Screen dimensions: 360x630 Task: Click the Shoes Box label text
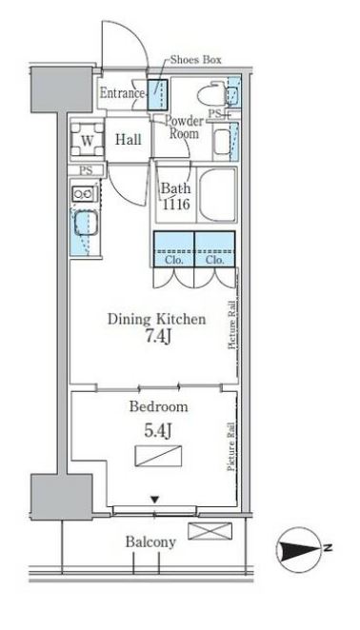click(195, 60)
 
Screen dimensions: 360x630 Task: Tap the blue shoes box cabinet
click(157, 95)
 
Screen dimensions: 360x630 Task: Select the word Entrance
click(122, 93)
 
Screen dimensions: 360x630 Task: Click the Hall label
click(129, 140)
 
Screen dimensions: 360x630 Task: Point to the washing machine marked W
click(87, 140)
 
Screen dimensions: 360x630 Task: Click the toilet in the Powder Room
click(212, 94)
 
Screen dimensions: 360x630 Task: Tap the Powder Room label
click(184, 127)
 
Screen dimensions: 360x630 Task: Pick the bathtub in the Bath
click(217, 194)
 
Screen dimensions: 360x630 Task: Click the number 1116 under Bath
click(176, 205)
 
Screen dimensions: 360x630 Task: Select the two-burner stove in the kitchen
click(84, 194)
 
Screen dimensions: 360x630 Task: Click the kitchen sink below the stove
click(86, 223)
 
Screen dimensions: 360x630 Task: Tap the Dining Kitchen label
click(156, 320)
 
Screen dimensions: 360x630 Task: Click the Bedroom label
click(158, 406)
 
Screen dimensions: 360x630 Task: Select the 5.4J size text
click(158, 431)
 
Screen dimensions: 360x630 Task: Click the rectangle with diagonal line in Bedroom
click(158, 456)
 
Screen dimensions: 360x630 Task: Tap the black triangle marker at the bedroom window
click(155, 500)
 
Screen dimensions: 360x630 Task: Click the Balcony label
click(150, 542)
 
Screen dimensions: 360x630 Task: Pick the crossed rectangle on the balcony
click(210, 531)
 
